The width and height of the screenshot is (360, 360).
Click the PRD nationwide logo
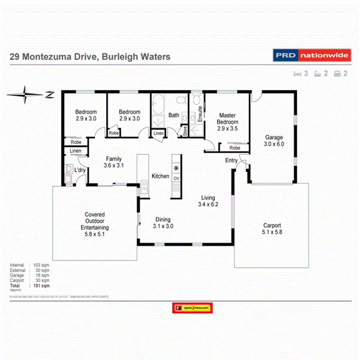312,55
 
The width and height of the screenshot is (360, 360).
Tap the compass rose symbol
25,95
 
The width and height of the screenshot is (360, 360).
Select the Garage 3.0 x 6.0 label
274,141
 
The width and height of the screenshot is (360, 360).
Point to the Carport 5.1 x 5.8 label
272,228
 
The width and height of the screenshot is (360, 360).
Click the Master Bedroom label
227,122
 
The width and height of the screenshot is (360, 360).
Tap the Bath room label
174,115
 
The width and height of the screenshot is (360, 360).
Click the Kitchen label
160,176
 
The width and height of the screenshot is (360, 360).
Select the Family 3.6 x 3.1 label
114,162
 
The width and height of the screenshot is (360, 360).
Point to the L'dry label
80,170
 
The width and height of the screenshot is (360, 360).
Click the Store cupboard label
185,131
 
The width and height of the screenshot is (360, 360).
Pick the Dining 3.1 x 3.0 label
163,222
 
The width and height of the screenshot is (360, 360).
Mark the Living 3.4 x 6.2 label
208,201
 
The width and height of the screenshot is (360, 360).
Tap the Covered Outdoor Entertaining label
95,224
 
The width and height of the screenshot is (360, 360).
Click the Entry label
231,160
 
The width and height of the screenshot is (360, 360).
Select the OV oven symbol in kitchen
176,178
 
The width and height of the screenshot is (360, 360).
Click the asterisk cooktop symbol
176,168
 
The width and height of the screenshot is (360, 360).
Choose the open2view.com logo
192,308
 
